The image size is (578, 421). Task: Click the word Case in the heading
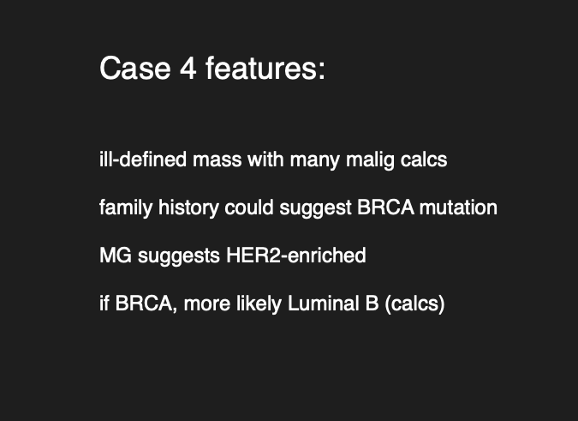point(135,69)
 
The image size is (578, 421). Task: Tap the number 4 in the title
point(188,69)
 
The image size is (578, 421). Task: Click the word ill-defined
point(143,159)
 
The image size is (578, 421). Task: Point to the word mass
point(217,160)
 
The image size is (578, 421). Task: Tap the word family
point(126,208)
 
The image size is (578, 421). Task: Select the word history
point(188,208)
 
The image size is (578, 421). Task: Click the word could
point(249,207)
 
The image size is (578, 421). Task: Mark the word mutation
point(459,207)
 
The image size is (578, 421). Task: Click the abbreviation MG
point(116,256)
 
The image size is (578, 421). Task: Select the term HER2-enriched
point(296,256)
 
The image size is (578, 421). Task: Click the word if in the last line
point(104,304)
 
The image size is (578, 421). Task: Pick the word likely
point(259,304)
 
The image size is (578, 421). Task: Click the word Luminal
point(324,304)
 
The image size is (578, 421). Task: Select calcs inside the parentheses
point(414,304)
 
